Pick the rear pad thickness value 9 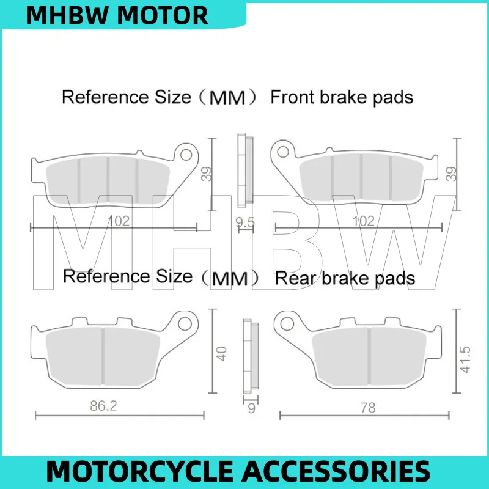(x=250, y=408)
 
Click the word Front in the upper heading (x=293, y=97)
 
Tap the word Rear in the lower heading (x=296, y=279)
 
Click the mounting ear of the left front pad (x=185, y=152)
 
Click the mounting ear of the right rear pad (x=285, y=322)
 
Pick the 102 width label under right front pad (x=365, y=221)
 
